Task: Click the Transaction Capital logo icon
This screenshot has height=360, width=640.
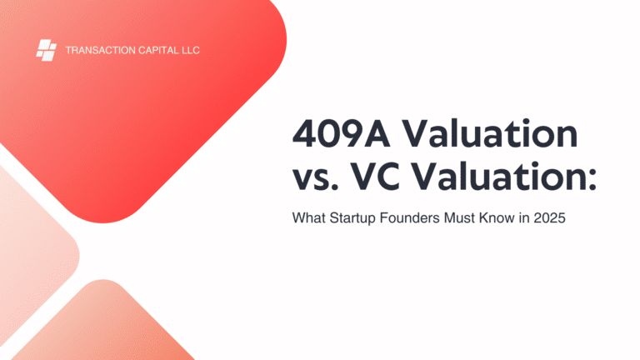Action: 46,50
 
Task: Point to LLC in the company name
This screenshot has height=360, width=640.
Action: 191,50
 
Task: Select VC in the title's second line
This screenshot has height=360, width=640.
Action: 375,177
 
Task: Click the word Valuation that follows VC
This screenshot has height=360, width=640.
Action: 499,176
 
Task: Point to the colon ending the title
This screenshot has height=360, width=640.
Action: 592,180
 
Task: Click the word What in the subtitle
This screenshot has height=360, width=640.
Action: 309,217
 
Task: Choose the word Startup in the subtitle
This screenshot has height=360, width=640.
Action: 352,218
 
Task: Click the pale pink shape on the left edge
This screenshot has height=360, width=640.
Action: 32,253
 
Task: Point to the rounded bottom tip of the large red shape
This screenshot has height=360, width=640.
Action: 102,222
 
